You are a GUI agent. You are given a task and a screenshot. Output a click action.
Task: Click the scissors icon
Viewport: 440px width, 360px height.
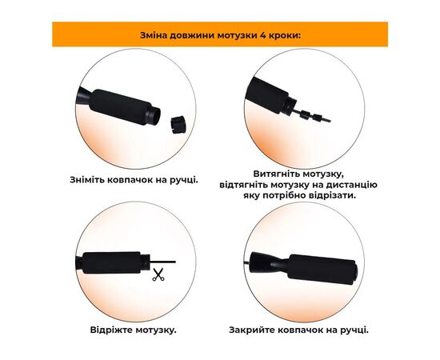pos(158,274)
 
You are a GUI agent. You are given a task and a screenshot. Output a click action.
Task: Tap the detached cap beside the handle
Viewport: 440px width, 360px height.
pos(178,125)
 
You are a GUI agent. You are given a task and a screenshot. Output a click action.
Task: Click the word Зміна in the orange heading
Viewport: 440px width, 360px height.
pos(154,36)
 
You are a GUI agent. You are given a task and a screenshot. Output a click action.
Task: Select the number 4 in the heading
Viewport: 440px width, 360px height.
pos(262,36)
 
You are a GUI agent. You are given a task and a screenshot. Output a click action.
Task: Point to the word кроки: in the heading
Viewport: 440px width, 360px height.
pos(285,36)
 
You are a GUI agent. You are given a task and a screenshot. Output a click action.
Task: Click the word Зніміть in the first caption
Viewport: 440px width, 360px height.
pos(87,179)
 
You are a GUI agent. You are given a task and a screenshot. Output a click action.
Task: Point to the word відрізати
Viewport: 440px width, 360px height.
pos(332,195)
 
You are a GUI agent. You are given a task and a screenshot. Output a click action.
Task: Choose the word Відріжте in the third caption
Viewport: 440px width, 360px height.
pos(111,330)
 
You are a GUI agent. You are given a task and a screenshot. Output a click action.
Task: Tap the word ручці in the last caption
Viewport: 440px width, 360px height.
pos(354,330)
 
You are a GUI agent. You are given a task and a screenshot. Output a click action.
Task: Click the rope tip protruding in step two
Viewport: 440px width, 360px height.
pos(326,120)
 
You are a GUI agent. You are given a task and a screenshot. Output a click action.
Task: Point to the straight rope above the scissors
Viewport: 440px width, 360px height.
pos(162,262)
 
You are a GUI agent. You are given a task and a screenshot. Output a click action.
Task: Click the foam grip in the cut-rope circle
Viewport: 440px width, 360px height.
pos(112,262)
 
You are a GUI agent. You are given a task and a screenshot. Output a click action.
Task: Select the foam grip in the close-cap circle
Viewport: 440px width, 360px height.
pos(322,270)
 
